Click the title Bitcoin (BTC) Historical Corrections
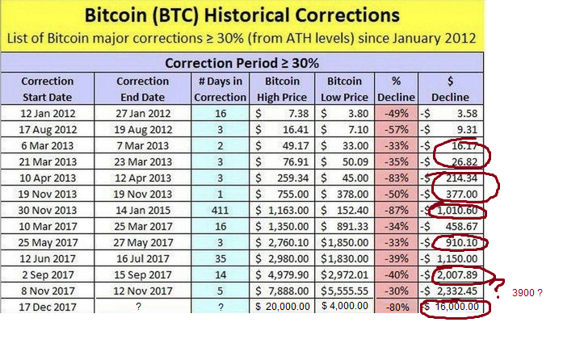[242, 15]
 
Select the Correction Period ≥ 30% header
[242, 62]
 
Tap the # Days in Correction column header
[220, 89]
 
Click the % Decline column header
[396, 89]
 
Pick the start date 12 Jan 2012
[48, 113]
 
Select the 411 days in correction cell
[220, 210]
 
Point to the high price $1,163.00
[283, 210]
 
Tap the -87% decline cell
[396, 210]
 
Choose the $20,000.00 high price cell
[283, 307]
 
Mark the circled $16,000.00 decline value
[454, 308]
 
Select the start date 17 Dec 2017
[48, 307]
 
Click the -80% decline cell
[396, 307]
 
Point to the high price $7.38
[283, 113]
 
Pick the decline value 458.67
[457, 226]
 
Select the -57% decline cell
[396, 129]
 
